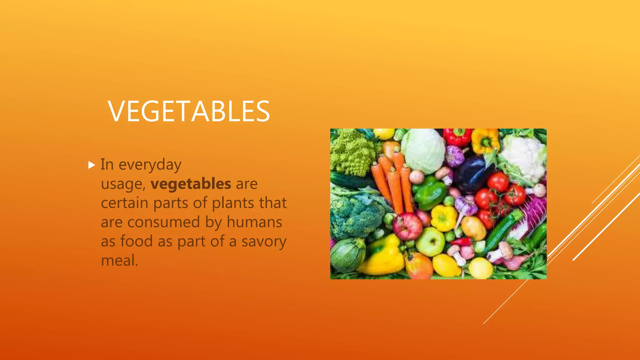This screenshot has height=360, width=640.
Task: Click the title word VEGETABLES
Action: click(x=189, y=111)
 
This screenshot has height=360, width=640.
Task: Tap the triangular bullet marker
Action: click(x=92, y=165)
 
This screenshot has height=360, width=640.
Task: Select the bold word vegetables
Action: click(x=191, y=184)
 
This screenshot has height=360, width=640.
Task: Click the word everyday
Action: click(x=150, y=165)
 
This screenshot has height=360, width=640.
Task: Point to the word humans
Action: click(x=254, y=222)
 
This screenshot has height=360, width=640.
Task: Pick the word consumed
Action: click(x=163, y=222)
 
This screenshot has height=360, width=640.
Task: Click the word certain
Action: click(x=124, y=203)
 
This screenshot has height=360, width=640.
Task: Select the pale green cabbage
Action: click(x=423, y=151)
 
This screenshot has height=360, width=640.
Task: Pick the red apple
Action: click(x=407, y=226)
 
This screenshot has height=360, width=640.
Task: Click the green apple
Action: click(x=430, y=242)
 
